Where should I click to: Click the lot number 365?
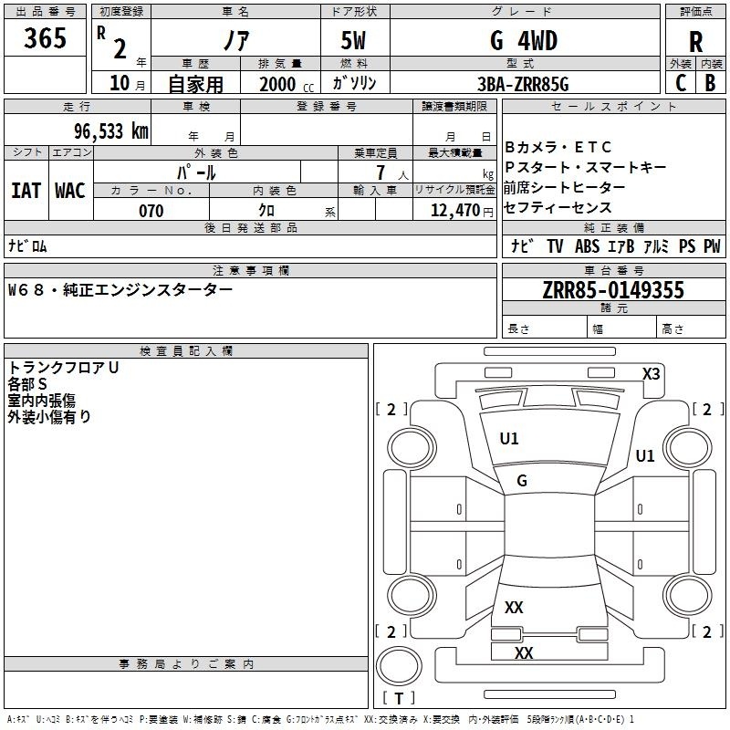[45, 37]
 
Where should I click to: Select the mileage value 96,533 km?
[111, 130]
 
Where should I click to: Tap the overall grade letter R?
[695, 42]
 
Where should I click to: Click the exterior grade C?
[681, 83]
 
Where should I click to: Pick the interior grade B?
[710, 83]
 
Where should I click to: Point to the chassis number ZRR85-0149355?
[613, 289]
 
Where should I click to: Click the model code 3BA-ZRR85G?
[523, 84]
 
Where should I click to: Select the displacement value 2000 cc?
[287, 84]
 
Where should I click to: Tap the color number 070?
[151, 211]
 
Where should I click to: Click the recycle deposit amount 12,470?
[455, 210]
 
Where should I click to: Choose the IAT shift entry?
[26, 191]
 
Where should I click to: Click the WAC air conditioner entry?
[70, 191]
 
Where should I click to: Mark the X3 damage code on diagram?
[651, 373]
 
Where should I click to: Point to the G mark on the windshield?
[522, 481]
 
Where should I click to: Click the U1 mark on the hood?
[509, 439]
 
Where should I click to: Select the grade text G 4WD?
[524, 40]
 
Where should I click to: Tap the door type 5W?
[353, 40]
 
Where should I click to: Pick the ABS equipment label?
[587, 245]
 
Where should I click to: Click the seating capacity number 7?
[381, 172]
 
